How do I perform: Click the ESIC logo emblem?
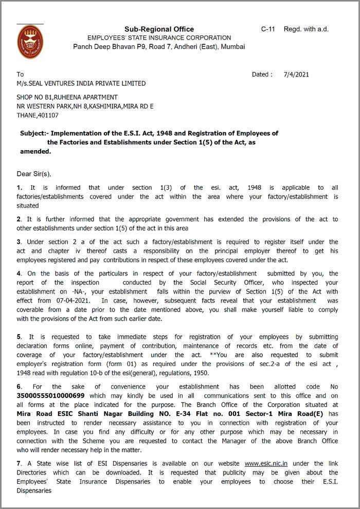point(30,42)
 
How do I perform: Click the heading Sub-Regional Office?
point(159,29)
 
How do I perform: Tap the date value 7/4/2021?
point(296,75)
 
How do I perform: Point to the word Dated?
point(261,75)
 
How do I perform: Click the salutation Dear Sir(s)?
point(34,174)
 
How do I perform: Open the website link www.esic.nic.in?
point(266,464)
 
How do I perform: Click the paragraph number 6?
point(19,387)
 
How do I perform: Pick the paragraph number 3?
point(19,242)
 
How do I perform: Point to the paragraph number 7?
point(19,464)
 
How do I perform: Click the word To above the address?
point(20,75)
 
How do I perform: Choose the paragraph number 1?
point(19,188)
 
